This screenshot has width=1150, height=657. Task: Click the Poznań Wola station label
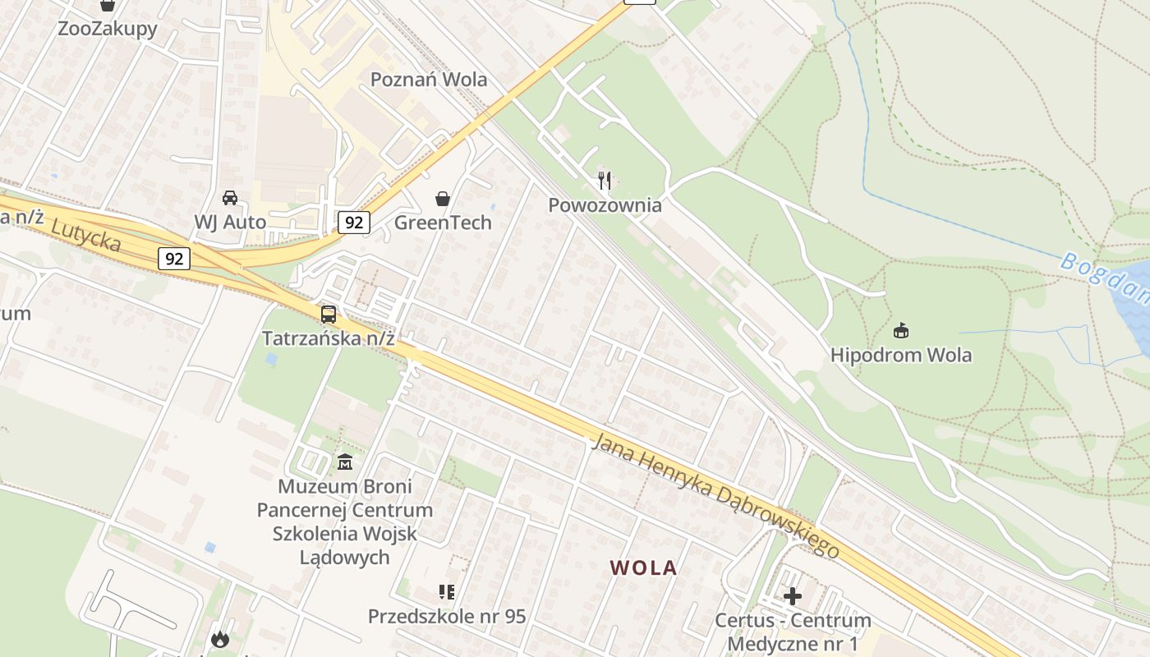[429, 80]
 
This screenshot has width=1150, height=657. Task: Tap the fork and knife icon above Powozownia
[605, 180]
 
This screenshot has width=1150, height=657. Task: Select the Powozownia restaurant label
[605, 204]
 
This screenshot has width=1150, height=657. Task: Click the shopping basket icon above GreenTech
[443, 199]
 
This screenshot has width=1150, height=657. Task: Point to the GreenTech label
[443, 223]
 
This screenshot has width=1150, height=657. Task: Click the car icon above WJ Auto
[230, 198]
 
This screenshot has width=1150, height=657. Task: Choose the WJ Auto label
[230, 222]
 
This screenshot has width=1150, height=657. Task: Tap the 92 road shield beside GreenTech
[353, 222]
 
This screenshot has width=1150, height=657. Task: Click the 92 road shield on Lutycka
[174, 259]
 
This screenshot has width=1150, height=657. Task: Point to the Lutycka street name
[85, 235]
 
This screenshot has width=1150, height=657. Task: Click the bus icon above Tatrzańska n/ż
[329, 314]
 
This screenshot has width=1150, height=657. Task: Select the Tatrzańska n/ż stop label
[329, 338]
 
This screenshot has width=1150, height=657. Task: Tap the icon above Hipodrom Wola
[901, 331]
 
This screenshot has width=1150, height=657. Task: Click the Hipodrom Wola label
[901, 356]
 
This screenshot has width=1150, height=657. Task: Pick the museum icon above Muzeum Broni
[345, 462]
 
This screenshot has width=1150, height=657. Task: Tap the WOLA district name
[644, 567]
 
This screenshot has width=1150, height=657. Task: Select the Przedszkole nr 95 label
[447, 616]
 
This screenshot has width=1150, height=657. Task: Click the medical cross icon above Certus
[793, 595]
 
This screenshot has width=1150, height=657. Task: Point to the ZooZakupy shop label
[108, 29]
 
